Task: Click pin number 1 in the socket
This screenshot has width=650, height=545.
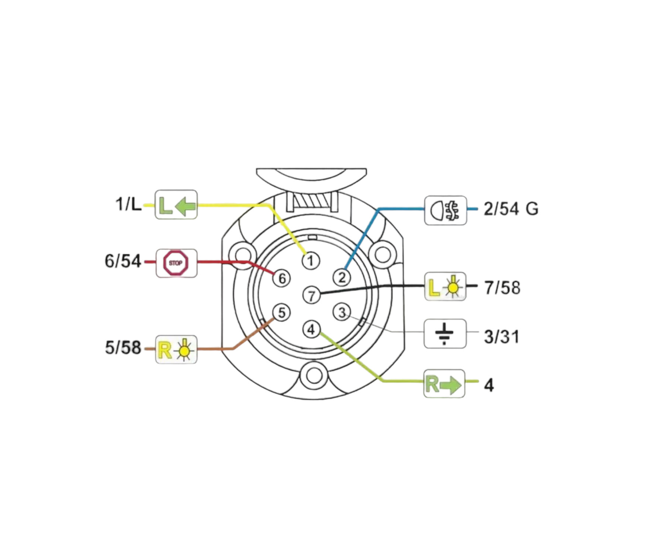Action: [311, 261]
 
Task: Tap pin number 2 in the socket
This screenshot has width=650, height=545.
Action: [342, 278]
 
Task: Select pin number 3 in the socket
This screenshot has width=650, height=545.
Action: [342, 313]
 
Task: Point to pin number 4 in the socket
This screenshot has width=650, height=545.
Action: [311, 329]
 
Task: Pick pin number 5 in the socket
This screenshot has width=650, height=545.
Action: [281, 313]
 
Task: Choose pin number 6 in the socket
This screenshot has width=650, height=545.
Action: [282, 278]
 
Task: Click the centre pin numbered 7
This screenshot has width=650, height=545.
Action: [312, 295]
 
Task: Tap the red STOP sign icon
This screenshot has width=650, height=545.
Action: [176, 263]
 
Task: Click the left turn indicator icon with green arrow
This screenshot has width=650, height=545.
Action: [176, 205]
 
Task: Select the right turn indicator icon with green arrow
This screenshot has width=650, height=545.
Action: [444, 384]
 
